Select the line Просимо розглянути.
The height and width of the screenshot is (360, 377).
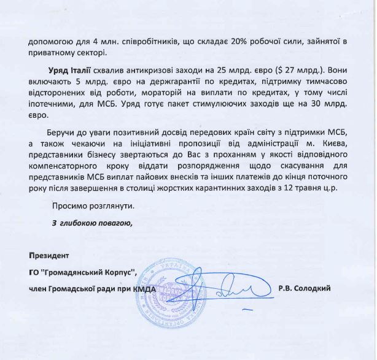(x=92, y=207)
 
